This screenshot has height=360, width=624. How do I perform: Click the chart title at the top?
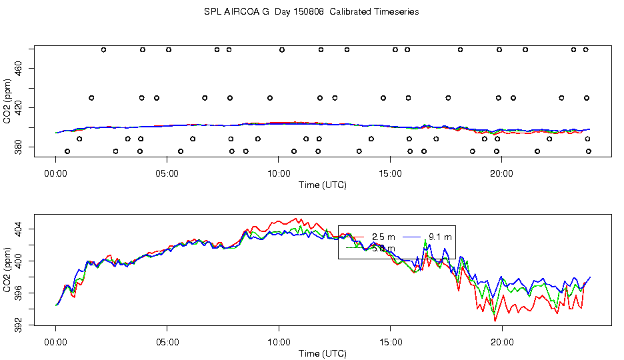[311, 12]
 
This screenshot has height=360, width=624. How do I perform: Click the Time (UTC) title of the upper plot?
[323, 185]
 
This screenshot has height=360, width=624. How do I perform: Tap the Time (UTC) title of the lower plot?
[323, 353]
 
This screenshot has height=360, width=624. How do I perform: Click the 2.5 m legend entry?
[383, 237]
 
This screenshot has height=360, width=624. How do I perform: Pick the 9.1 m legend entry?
[440, 237]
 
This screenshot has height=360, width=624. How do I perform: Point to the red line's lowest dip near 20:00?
[495, 321]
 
